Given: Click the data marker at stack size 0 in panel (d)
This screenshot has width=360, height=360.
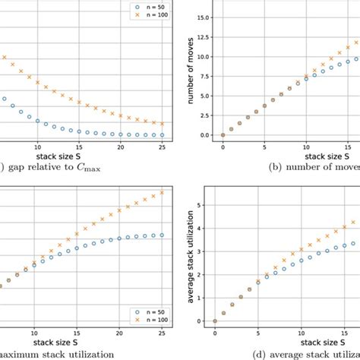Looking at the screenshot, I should pos(215,321).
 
